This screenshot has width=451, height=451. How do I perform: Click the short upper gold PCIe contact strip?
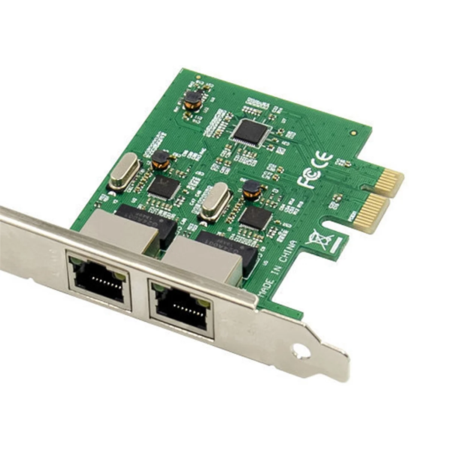(x=390, y=184)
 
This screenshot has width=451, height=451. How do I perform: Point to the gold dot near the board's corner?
(x=353, y=133)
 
